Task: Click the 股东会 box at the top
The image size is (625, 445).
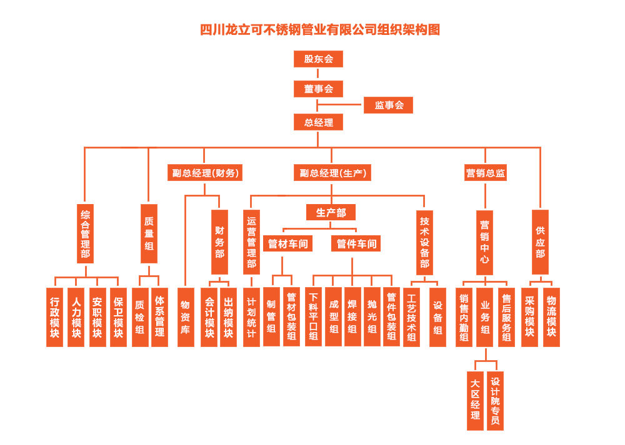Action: (x=318, y=59)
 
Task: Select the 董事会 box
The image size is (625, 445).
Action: (x=318, y=89)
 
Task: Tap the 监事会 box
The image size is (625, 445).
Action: (x=388, y=105)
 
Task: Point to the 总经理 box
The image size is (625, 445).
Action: (x=318, y=122)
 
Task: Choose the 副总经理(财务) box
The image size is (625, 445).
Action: (x=204, y=173)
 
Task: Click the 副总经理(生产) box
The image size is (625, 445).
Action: (x=332, y=173)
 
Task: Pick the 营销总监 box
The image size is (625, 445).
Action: (x=485, y=173)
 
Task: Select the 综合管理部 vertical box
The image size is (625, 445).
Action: (x=85, y=233)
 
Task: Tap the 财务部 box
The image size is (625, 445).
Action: (x=219, y=242)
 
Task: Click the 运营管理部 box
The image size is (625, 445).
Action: (x=251, y=242)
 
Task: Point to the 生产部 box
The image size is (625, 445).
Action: (x=331, y=212)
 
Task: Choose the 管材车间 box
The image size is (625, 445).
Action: (x=288, y=243)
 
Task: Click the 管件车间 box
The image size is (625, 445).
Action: (x=356, y=243)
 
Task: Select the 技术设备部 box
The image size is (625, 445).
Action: (x=424, y=242)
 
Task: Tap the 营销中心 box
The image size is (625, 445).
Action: (x=484, y=242)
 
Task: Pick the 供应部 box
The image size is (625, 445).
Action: (x=540, y=242)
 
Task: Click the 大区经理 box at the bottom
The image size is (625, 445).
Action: (x=475, y=400)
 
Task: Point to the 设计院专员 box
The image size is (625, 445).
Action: (x=495, y=400)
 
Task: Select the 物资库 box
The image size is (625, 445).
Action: (x=186, y=317)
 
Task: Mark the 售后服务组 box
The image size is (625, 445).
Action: (x=506, y=317)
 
